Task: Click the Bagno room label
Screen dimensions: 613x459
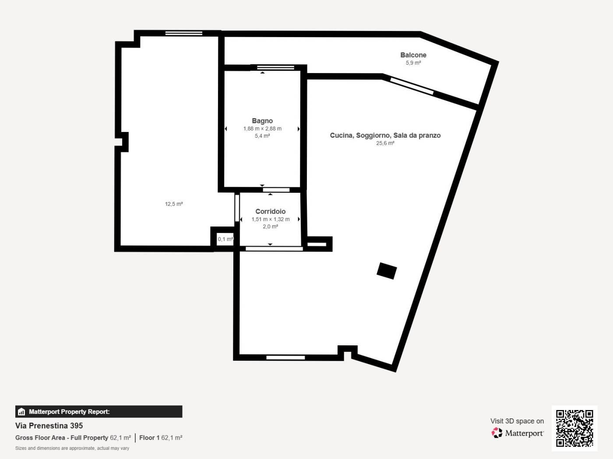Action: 262,121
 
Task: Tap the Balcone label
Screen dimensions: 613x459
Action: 413,55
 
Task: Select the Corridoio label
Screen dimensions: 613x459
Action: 270,212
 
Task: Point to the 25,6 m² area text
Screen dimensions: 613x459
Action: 385,143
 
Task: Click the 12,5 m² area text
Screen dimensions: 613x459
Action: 174,204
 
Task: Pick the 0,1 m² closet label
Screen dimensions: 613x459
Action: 225,239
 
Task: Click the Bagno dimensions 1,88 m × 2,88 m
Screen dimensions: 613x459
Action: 262,129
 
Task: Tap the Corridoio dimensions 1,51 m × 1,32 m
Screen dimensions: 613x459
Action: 270,219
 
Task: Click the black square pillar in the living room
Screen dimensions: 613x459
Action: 387,271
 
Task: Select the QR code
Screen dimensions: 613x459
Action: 574,428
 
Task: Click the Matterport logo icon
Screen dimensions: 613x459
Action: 497,433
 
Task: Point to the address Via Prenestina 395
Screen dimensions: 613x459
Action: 49,425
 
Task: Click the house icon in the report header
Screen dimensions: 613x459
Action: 21,412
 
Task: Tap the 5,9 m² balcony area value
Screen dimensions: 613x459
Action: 413,63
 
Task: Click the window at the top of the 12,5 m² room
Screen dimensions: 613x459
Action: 184,33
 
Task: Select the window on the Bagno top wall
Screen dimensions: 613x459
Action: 276,67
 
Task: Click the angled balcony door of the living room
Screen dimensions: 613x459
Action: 412,86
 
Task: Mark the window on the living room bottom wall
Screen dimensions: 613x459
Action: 285,358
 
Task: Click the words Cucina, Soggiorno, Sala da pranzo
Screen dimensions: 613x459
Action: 385,136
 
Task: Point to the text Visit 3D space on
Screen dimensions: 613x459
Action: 517,421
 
